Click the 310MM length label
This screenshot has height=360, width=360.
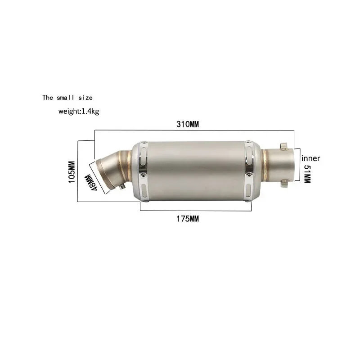[x=188, y=125]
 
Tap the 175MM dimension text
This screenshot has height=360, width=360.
[x=188, y=219]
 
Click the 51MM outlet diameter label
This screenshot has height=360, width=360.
[x=307, y=173]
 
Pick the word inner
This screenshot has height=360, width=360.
[x=310, y=158]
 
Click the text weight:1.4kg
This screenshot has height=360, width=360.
[x=78, y=111]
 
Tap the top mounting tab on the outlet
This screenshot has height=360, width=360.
[x=284, y=146]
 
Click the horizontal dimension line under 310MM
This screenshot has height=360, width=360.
[x=193, y=130]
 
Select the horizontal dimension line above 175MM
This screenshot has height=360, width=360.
[x=196, y=211]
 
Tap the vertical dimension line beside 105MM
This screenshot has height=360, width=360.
[x=78, y=171]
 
